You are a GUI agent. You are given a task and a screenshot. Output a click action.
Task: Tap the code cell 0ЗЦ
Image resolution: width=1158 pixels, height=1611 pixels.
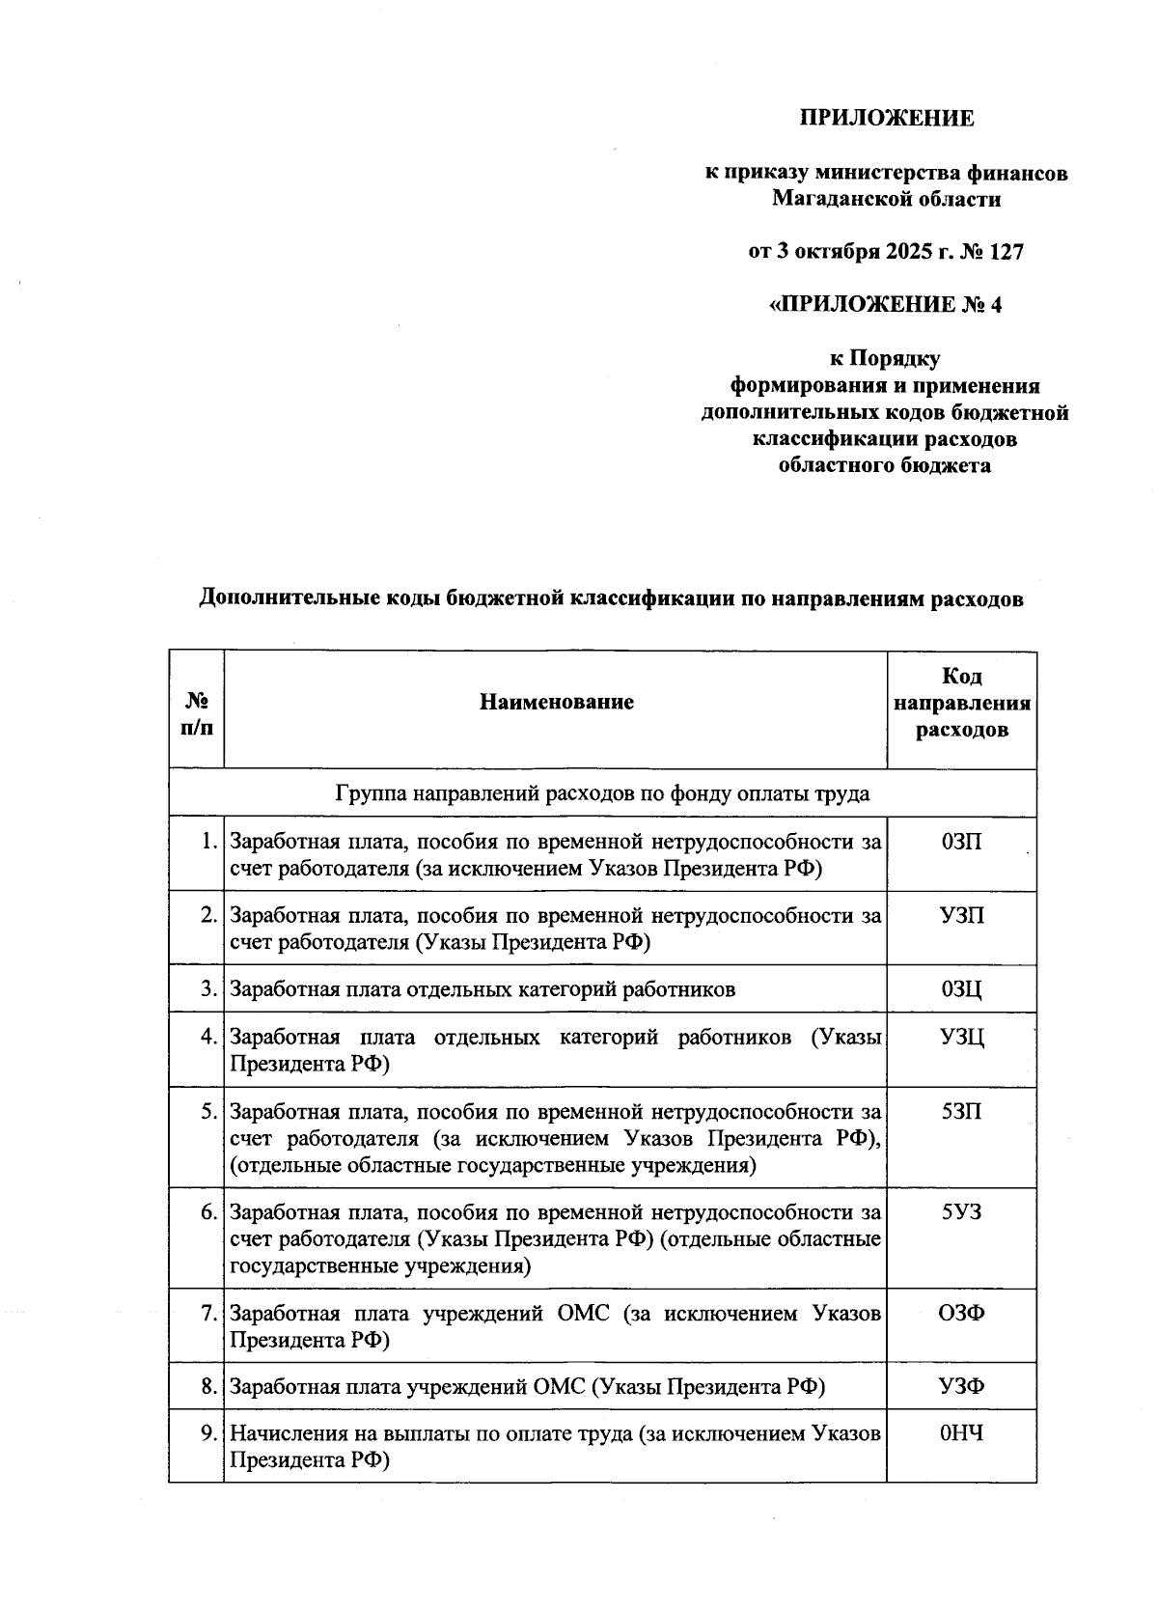(961, 989)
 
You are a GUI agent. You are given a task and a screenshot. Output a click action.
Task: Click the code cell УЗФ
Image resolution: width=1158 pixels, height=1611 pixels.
(961, 1387)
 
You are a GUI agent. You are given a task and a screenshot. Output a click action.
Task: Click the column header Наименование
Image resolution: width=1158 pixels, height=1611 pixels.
(556, 702)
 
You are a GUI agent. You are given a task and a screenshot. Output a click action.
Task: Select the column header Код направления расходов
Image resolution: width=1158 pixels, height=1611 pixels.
(961, 703)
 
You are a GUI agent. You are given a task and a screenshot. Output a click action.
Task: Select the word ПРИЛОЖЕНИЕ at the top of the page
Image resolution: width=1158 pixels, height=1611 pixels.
(886, 119)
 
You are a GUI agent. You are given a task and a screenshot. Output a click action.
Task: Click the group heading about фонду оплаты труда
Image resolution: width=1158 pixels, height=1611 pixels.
(602, 793)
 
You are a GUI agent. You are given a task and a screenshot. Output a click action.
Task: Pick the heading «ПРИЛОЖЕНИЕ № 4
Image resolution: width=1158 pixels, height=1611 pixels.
(885, 305)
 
